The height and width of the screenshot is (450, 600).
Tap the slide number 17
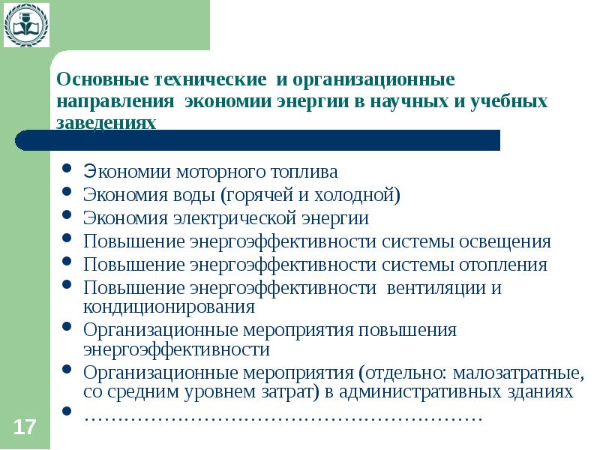pos(24,427)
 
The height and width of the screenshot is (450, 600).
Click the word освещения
pos(504,241)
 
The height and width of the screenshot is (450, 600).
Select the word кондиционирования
pos(169,307)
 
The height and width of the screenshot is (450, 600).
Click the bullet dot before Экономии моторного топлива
pos(67,169)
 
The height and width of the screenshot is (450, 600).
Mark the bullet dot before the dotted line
pos(67,412)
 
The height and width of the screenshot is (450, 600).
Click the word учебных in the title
pos(510,101)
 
